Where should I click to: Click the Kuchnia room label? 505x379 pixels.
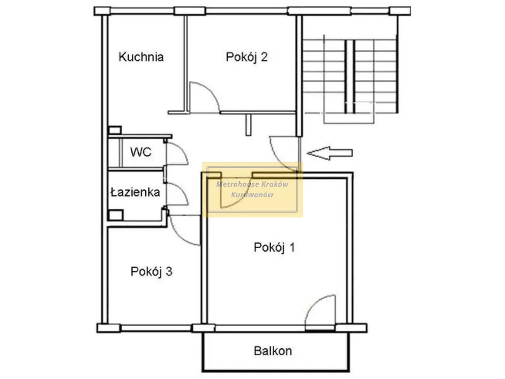(x=141, y=57)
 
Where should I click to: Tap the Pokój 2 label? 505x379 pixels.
(x=246, y=57)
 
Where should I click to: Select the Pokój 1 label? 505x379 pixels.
(x=274, y=247)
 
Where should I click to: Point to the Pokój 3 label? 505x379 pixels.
(x=151, y=271)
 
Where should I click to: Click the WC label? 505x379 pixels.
(x=141, y=152)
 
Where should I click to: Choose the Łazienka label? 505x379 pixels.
(x=135, y=192)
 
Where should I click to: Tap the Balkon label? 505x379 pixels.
(x=273, y=351)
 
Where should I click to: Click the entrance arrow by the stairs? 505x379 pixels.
(x=329, y=153)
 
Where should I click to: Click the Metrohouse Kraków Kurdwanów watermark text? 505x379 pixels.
(x=252, y=189)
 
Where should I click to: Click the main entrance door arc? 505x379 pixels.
(x=277, y=159)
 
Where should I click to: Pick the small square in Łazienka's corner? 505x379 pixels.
(x=116, y=215)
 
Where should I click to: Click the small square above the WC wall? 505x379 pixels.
(x=115, y=130)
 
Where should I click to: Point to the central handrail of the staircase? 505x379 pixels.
(x=350, y=76)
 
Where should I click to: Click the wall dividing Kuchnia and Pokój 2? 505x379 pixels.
(x=186, y=64)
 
